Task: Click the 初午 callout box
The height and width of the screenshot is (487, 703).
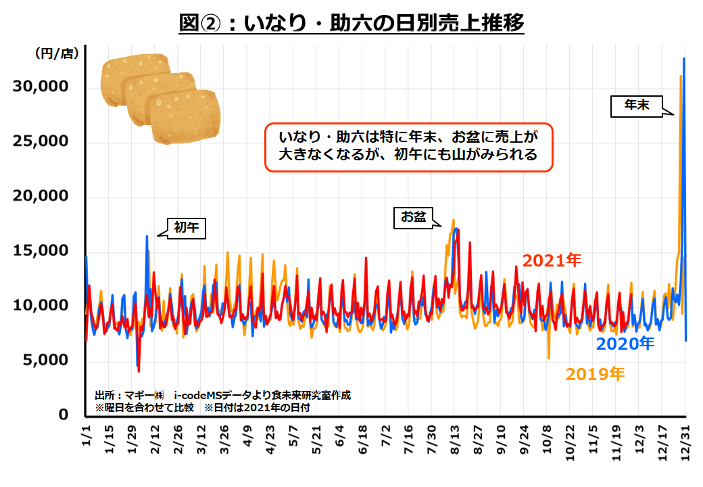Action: [186, 228]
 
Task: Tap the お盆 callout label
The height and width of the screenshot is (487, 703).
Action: [413, 217]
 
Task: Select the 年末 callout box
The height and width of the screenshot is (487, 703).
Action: [636, 106]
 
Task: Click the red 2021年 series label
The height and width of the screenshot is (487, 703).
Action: [552, 260]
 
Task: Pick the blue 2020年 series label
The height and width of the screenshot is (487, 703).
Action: [625, 344]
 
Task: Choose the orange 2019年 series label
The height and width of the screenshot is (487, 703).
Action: [595, 373]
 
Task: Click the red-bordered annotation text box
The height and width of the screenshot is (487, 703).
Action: [408, 147]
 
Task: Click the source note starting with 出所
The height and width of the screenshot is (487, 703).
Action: [223, 395]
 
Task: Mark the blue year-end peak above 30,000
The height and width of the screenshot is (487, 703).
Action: [684, 60]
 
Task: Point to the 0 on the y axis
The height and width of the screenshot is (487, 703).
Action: [64, 415]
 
